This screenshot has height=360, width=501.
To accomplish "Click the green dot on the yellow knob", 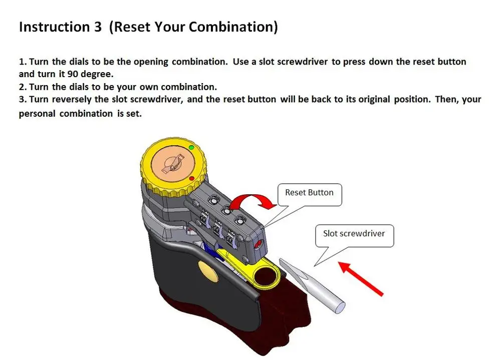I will click(x=191, y=147).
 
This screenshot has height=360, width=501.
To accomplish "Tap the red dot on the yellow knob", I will click(x=191, y=178).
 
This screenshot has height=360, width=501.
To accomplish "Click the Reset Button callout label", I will click(x=309, y=193).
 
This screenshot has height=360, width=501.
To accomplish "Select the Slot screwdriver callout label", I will click(x=354, y=233).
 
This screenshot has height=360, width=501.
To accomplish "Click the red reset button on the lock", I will click(x=259, y=244).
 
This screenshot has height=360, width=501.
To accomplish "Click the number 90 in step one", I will click(x=73, y=74).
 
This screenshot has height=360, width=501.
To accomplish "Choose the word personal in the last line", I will click(x=37, y=114).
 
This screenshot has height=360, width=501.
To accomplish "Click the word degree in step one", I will click(x=97, y=74).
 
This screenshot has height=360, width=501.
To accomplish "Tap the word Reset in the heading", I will click(x=131, y=27).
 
